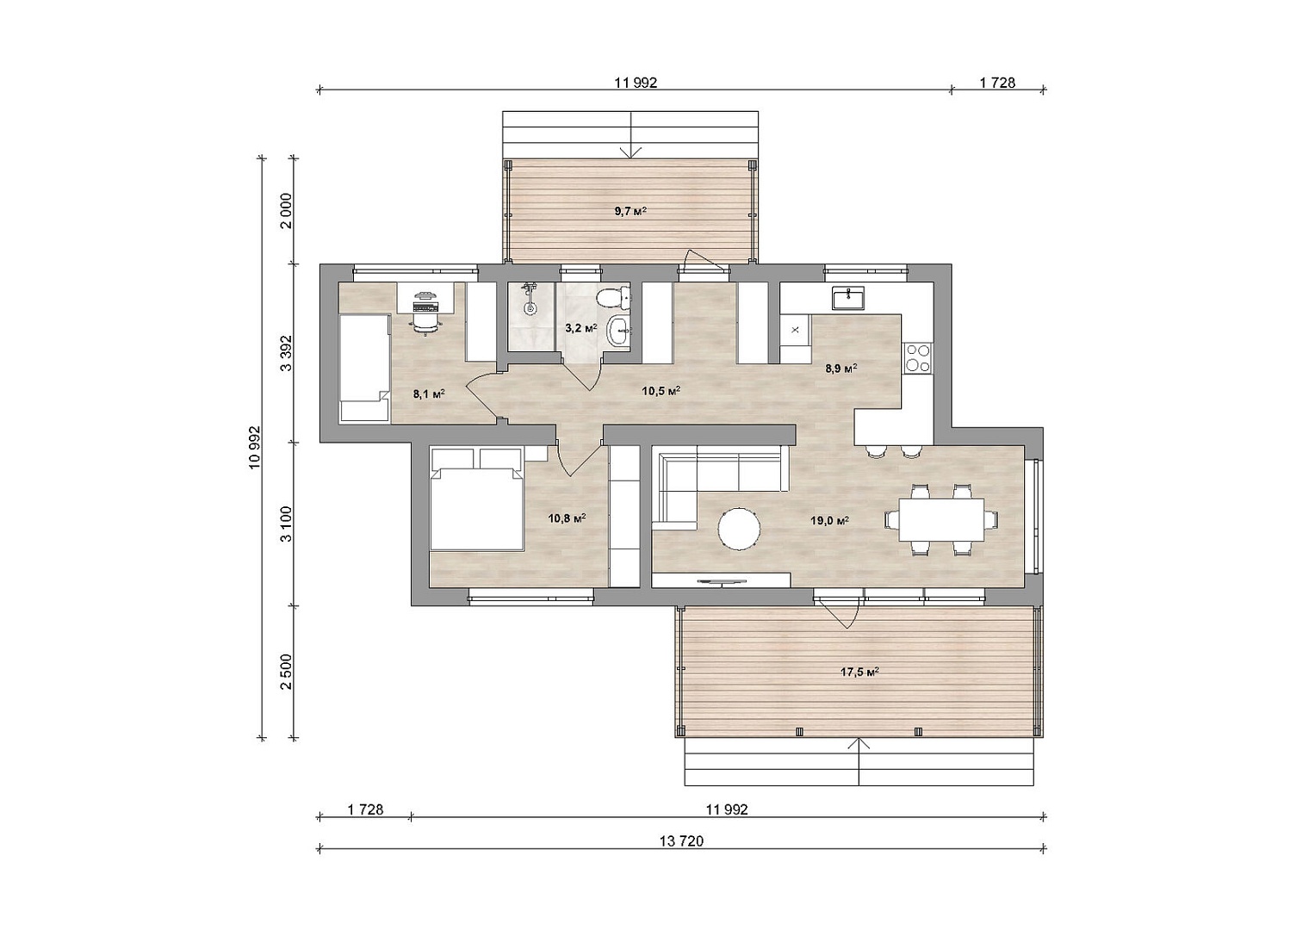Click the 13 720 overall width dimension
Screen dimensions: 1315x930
pos(681,840)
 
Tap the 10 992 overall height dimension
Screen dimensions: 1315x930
pos(253,448)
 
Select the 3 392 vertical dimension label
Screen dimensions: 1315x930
pos(286,353)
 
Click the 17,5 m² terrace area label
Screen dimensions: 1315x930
pos(859,673)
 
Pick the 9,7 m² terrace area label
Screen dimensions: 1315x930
pos(630,211)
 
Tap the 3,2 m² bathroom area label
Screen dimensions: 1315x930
pos(580,327)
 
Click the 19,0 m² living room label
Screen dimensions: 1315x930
pos(829,520)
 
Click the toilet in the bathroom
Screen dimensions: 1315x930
pos(611,298)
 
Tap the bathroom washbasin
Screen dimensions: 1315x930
pos(617,332)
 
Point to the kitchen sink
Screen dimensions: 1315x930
pos(847,297)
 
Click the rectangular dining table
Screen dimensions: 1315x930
pos(941,519)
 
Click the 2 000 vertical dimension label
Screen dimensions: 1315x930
pos(286,211)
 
